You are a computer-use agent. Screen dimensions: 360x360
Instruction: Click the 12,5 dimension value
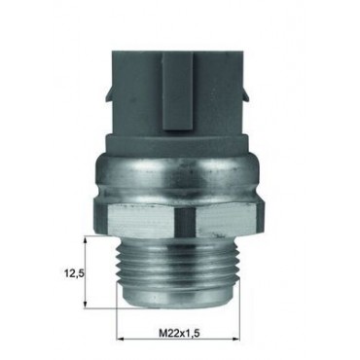pos(74,273)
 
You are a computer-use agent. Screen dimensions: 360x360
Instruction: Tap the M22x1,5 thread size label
pos(178,332)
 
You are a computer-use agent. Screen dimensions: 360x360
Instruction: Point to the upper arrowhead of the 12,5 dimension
pos(86,240)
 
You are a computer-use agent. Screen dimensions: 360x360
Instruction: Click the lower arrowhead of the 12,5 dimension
pos(86,304)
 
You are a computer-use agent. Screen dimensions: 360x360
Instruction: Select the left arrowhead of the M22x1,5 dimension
pos(121,340)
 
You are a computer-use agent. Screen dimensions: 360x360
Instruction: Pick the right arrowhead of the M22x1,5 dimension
pos(235,340)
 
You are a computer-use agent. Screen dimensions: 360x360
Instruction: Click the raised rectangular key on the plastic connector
pos(178,91)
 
